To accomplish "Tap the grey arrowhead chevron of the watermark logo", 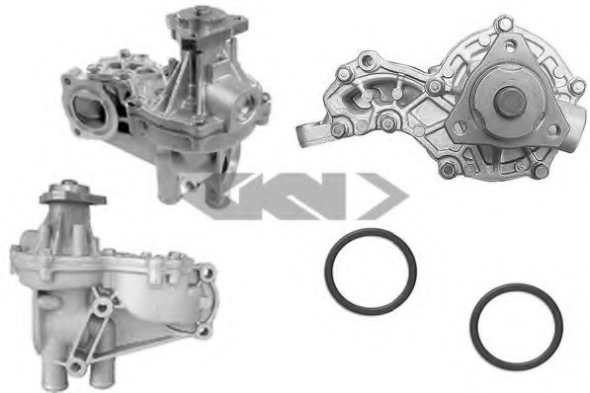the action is click(x=382, y=196).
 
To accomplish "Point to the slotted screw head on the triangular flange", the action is click(x=459, y=126).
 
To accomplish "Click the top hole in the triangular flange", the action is click(x=510, y=46).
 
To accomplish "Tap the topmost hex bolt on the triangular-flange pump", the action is click(x=501, y=23).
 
